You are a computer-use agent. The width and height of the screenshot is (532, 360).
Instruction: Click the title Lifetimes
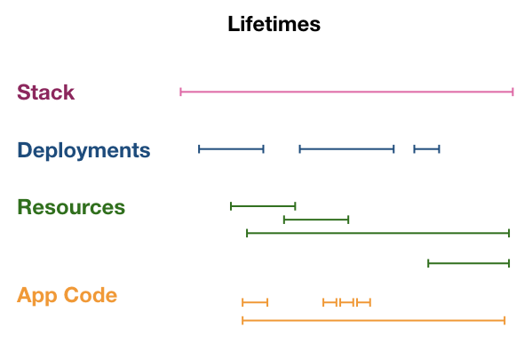tap(274, 24)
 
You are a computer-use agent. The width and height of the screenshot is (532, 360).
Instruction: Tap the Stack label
tap(46, 92)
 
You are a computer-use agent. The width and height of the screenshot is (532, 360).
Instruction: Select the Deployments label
tap(83, 150)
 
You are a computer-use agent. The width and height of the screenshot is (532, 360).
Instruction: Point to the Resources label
tap(71, 207)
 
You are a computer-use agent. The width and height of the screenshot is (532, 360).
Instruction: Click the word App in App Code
tap(37, 295)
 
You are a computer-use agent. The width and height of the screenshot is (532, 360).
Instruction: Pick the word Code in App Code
tap(91, 295)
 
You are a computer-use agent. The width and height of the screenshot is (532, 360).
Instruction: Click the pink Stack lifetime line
tap(346, 92)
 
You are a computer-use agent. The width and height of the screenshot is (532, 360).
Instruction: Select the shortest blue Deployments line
tap(427, 149)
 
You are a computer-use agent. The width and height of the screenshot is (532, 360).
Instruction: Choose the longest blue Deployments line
tap(346, 149)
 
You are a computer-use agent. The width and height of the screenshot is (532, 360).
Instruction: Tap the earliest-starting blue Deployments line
tap(232, 149)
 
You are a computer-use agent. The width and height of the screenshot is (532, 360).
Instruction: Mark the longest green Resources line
tap(378, 233)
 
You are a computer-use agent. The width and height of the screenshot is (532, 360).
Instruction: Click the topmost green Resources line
tap(263, 206)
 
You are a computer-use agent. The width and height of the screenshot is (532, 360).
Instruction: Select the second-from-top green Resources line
tap(316, 220)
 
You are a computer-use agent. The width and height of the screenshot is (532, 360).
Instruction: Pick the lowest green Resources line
tap(469, 263)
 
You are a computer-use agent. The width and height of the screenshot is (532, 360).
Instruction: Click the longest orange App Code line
tap(374, 320)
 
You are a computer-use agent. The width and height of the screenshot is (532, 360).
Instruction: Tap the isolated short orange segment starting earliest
tap(255, 302)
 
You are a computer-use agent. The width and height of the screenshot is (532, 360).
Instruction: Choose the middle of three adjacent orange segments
tap(346, 302)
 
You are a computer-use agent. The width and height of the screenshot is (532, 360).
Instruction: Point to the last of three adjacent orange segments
tap(364, 302)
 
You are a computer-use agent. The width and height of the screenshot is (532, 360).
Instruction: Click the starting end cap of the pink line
tap(180, 92)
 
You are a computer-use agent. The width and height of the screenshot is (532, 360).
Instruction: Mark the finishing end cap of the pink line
tap(513, 92)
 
